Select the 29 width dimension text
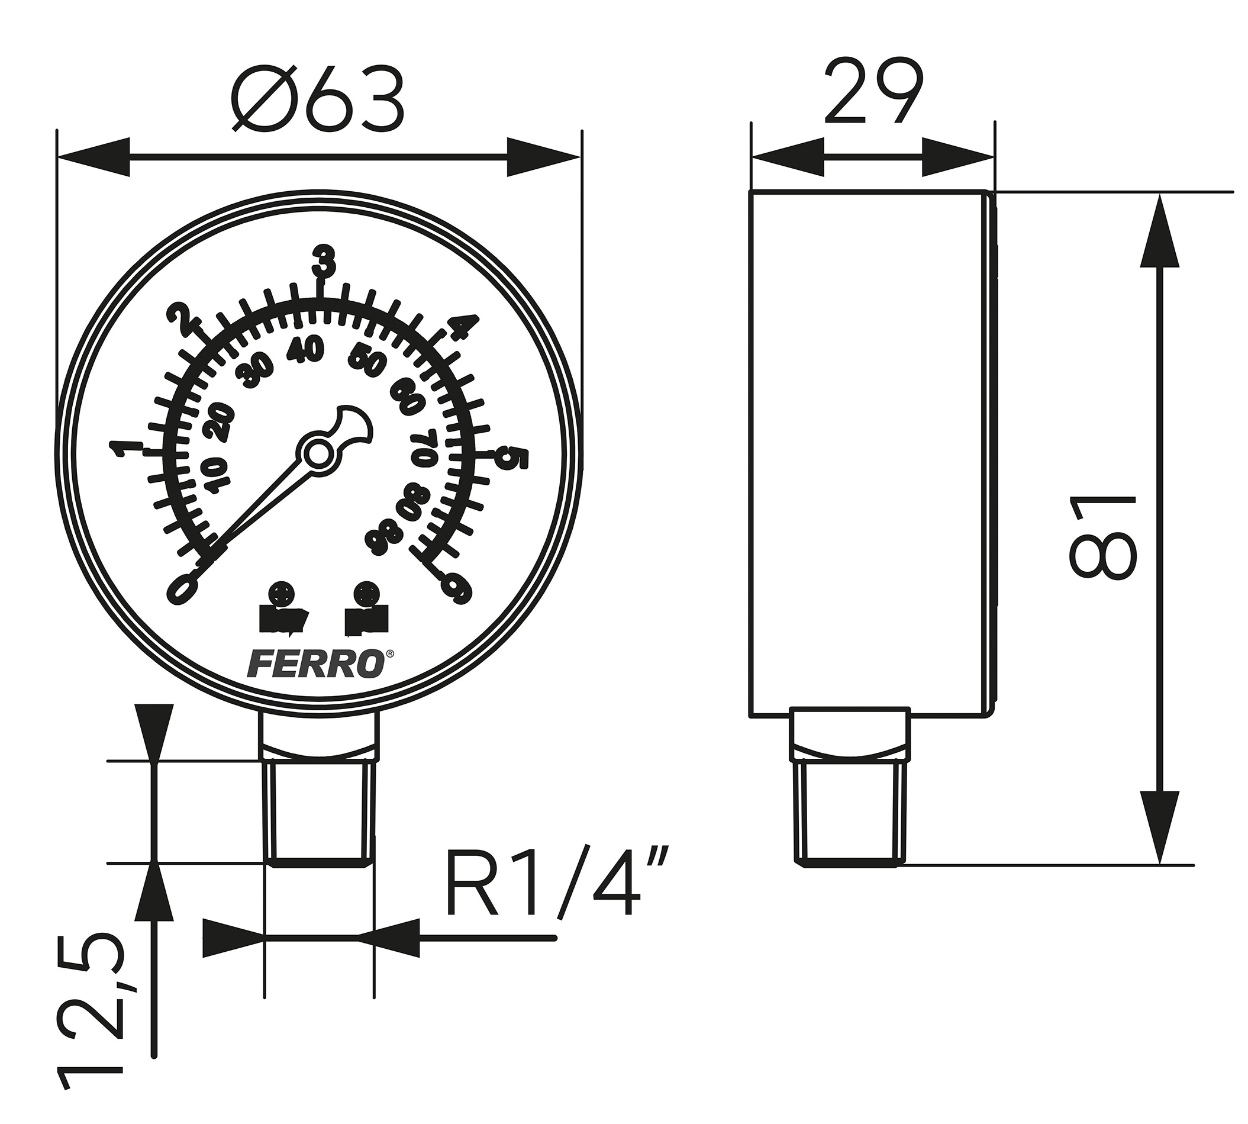(x=873, y=93)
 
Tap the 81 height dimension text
(x=1103, y=537)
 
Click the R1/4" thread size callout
(x=556, y=883)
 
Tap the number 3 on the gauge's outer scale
(x=324, y=261)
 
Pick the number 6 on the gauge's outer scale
(x=458, y=588)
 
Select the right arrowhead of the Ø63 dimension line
(x=543, y=157)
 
